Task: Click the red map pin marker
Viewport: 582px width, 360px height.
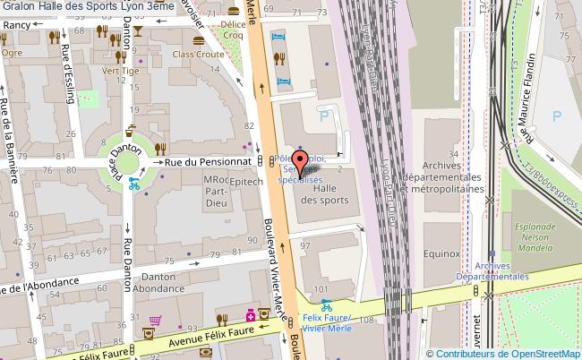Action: pyautogui.click(x=302, y=160)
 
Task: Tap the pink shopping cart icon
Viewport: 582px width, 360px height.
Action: pyautogui.click(x=156, y=320)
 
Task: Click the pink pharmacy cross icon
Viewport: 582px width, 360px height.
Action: pyautogui.click(x=251, y=315)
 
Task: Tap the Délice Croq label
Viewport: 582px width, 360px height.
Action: pyautogui.click(x=235, y=39)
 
